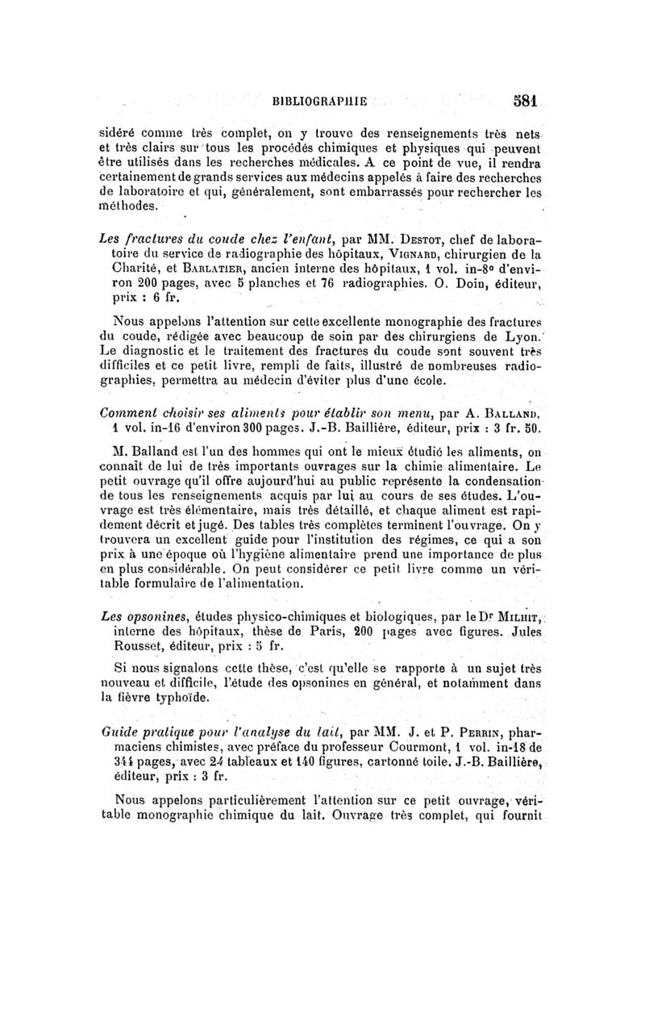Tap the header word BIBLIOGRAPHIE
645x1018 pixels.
(320, 102)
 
